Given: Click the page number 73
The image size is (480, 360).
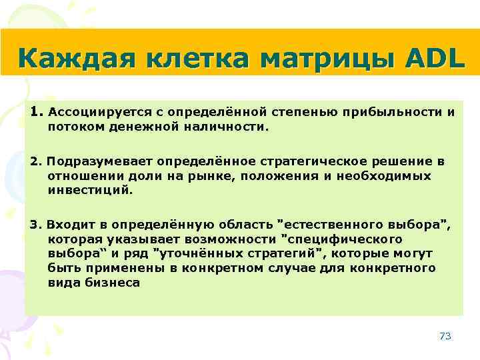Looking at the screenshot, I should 445,336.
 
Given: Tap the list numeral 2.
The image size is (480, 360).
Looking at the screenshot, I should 35,162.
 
